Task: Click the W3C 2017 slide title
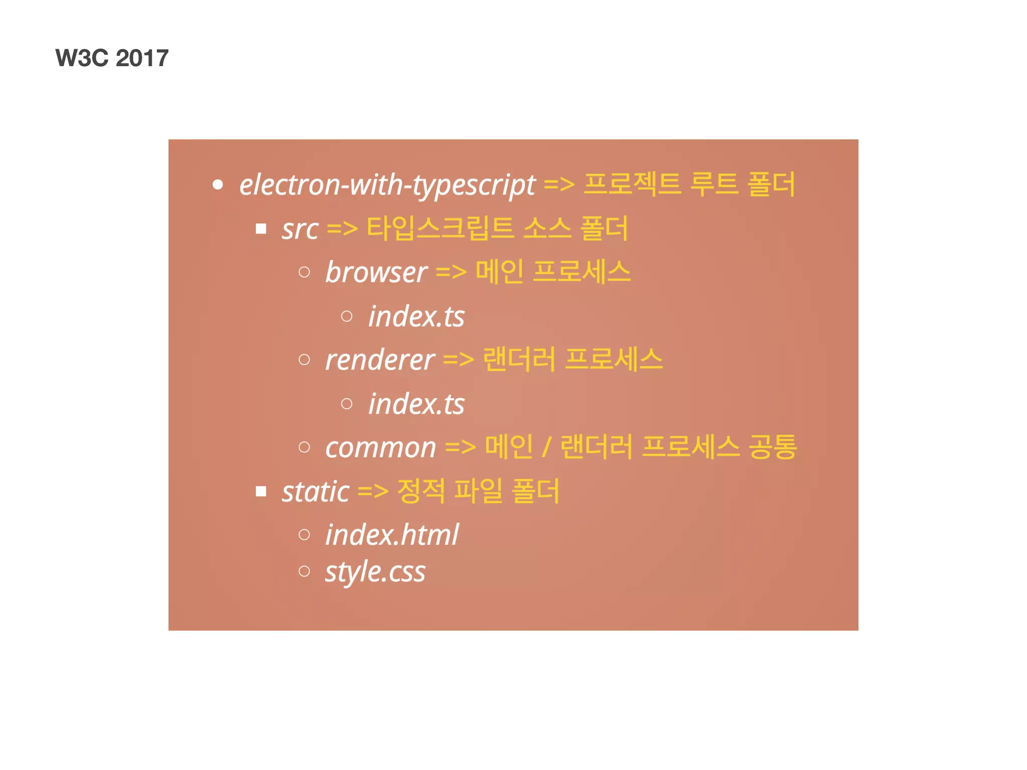[x=112, y=58]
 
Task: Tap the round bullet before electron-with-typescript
[x=218, y=185]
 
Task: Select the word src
[x=300, y=230]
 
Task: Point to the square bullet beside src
[x=261, y=229]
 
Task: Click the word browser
[x=376, y=273]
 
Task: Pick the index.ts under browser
[x=416, y=317]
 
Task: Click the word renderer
[x=380, y=360]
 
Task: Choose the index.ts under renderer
[x=416, y=404]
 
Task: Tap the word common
[x=381, y=448]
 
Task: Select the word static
[x=315, y=492]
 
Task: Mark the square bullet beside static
[x=261, y=491]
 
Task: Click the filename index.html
[x=392, y=535]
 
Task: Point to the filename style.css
[x=375, y=572]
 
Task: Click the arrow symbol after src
[x=343, y=230]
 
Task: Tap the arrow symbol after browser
[x=451, y=273]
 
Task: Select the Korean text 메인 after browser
[x=499, y=272]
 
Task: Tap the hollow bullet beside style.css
[x=304, y=571]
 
